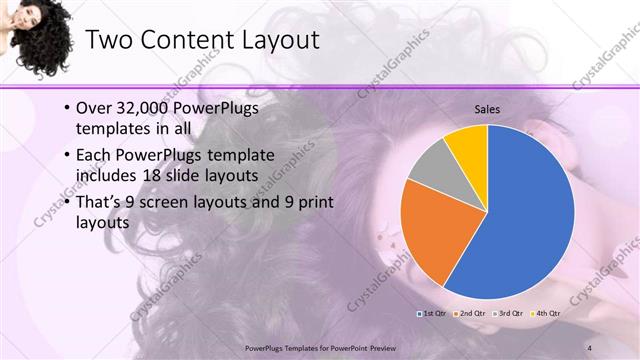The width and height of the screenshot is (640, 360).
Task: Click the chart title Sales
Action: [x=487, y=109]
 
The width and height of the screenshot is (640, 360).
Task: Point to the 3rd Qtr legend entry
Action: [x=509, y=313]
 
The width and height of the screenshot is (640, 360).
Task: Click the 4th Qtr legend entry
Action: [x=546, y=313]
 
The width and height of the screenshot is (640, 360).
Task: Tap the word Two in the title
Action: [x=109, y=40]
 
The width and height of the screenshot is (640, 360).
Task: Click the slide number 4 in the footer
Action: [x=591, y=346]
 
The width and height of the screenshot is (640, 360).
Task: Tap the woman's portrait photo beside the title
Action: [x=37, y=38]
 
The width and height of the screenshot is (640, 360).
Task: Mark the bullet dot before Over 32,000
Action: [x=66, y=108]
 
